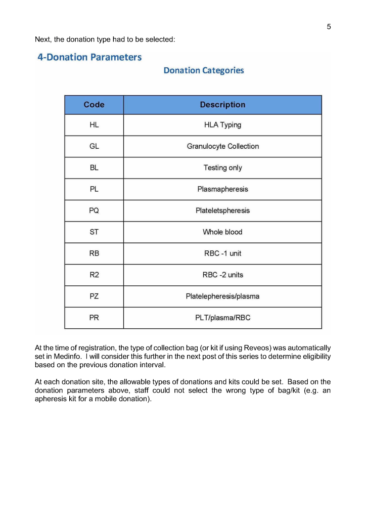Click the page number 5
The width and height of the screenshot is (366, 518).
329,27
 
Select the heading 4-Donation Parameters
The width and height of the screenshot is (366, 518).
89,57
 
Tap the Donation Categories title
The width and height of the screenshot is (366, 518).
203,70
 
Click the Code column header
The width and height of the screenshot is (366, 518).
94,105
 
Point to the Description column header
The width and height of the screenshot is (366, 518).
222,105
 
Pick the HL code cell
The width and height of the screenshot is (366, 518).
94,125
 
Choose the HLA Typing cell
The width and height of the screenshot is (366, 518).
222,125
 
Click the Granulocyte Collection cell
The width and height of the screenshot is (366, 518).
222,146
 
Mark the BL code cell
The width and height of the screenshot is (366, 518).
94,168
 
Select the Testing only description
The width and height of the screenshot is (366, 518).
222,168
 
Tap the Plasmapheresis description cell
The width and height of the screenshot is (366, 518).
222,189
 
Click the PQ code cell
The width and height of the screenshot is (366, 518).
94,210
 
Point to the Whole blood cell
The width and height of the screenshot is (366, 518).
222,232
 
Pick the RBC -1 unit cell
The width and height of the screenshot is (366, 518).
222,253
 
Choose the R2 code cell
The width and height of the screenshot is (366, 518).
94,275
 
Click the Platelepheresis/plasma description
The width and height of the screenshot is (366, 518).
222,296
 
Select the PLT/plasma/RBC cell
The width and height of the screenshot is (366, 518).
222,318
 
